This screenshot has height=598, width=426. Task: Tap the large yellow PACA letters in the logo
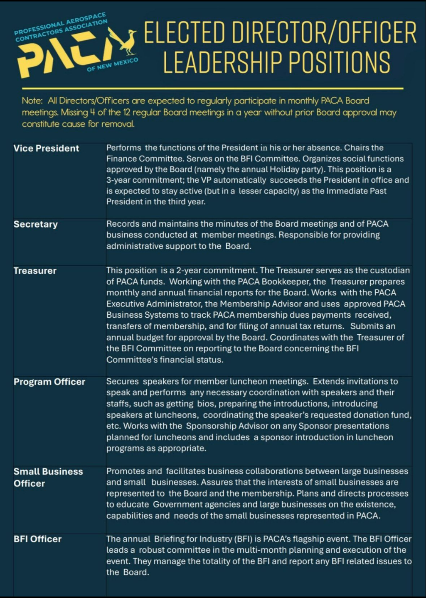[x=62, y=56]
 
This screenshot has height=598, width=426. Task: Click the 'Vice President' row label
[x=46, y=148]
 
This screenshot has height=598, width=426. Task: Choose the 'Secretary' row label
[x=35, y=224]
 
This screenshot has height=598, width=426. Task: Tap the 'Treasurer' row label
[x=35, y=271]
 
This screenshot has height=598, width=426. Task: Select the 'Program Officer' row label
[x=49, y=382]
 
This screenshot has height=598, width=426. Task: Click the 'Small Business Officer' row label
[x=48, y=477]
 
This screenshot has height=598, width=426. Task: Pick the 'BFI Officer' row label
[x=37, y=539]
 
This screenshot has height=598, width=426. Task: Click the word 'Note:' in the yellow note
[x=32, y=101]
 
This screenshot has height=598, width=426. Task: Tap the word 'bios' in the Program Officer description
[x=205, y=404]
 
